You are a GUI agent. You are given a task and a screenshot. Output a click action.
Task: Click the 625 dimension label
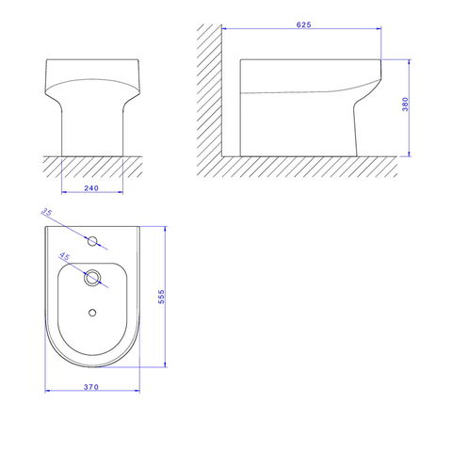coord(303,24)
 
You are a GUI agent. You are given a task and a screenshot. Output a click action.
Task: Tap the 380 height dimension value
coord(405,105)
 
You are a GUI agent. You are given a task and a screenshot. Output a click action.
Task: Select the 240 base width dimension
coord(91,188)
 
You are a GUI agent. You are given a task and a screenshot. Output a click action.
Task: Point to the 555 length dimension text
coord(161,297)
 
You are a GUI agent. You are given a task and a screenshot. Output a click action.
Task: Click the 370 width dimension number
coord(91,387)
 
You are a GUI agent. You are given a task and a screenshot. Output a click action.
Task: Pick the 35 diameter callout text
coord(46,212)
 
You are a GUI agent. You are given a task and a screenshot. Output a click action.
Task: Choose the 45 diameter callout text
coord(64,256)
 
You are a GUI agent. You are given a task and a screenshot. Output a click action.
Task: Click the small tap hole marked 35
coord(92,241)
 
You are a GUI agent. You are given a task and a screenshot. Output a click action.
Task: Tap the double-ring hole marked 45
coord(92,278)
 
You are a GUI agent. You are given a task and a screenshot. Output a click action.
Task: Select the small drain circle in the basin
coord(92,313)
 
